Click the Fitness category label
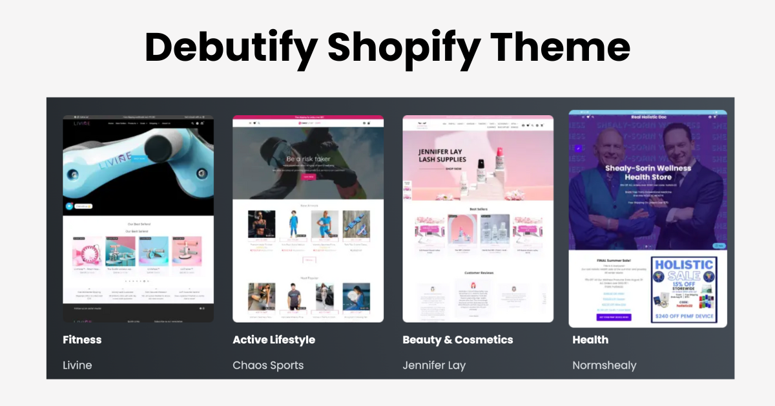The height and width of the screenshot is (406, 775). pyautogui.click(x=82, y=339)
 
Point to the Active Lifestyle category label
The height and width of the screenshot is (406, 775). pyautogui.click(x=274, y=339)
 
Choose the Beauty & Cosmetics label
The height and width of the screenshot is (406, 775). pyautogui.click(x=457, y=339)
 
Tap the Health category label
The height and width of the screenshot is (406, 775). pyautogui.click(x=590, y=339)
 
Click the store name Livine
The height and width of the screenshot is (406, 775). pyautogui.click(x=77, y=365)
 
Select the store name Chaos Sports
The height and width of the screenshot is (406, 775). pyautogui.click(x=268, y=365)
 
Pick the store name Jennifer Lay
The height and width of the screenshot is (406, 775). pyautogui.click(x=434, y=365)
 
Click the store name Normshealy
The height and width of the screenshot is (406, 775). pyautogui.click(x=604, y=365)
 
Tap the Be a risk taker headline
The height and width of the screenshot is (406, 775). pyautogui.click(x=308, y=159)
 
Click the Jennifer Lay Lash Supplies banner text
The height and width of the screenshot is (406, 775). pyautogui.click(x=442, y=155)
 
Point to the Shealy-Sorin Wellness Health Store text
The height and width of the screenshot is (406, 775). pyautogui.click(x=648, y=173)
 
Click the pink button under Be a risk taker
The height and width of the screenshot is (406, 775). pyautogui.click(x=307, y=176)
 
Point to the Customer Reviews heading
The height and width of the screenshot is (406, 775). pyautogui.click(x=478, y=273)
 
